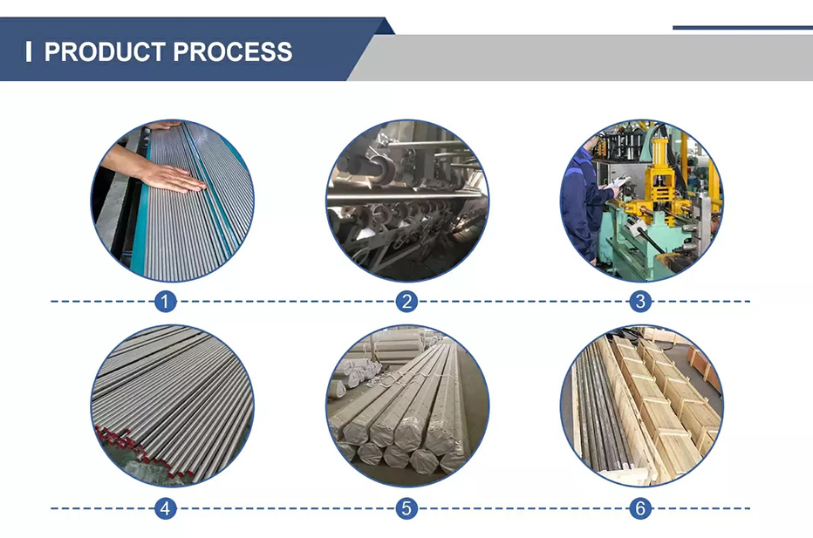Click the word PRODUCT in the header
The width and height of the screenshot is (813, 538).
(105, 51)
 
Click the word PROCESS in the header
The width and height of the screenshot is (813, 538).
(233, 51)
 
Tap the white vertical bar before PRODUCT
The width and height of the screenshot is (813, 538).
(29, 51)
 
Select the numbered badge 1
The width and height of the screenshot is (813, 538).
(166, 301)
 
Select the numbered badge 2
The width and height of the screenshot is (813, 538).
(407, 301)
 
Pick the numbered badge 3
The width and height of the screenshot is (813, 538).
(640, 301)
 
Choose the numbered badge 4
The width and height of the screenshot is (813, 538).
(166, 508)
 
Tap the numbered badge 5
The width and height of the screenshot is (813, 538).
(407, 508)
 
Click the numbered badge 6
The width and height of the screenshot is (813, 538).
(640, 508)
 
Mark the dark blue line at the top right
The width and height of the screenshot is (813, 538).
(742, 28)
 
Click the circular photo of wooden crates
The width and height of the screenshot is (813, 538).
(642, 405)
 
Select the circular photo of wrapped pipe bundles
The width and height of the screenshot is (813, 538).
(407, 405)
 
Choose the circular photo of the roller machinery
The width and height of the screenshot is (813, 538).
(407, 201)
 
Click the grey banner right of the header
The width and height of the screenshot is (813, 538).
(581, 58)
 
